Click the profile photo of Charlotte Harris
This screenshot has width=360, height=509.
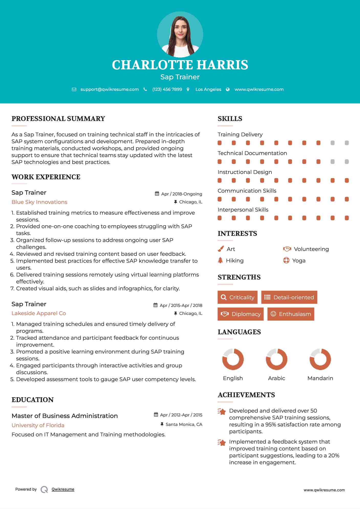180,34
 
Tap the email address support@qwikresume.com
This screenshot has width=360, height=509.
110,89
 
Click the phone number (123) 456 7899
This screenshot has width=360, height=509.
167,89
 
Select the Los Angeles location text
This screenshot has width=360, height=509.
208,89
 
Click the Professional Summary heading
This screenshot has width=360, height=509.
58,119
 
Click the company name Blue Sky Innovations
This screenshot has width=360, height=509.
39,202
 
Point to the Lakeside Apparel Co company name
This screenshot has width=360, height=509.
39,313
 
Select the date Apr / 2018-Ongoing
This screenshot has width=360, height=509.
181,194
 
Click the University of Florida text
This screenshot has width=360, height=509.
38,425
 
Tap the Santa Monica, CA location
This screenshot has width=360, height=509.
184,424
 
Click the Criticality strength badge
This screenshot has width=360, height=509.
237,297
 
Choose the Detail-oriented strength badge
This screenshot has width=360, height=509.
289,297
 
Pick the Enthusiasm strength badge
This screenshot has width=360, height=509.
291,314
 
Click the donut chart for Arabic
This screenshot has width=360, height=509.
276,359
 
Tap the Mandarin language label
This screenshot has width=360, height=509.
320,378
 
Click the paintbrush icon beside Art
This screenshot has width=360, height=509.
221,249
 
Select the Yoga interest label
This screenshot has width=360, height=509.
299,261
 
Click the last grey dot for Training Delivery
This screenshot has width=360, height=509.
347,143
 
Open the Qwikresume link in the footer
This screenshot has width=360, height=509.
63,489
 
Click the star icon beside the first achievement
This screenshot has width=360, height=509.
222,412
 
